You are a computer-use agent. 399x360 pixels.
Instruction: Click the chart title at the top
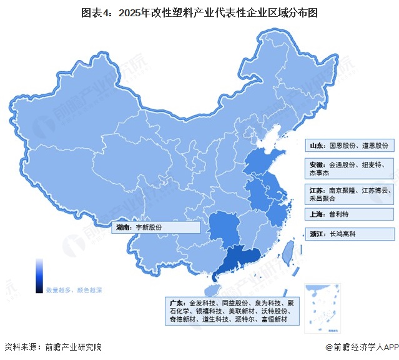pos(199,12)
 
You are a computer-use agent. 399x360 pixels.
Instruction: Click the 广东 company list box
pos(232,311)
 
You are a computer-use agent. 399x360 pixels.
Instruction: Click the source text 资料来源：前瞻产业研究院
pos(52,347)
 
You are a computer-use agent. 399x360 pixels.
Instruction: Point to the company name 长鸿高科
pos(341,234)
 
